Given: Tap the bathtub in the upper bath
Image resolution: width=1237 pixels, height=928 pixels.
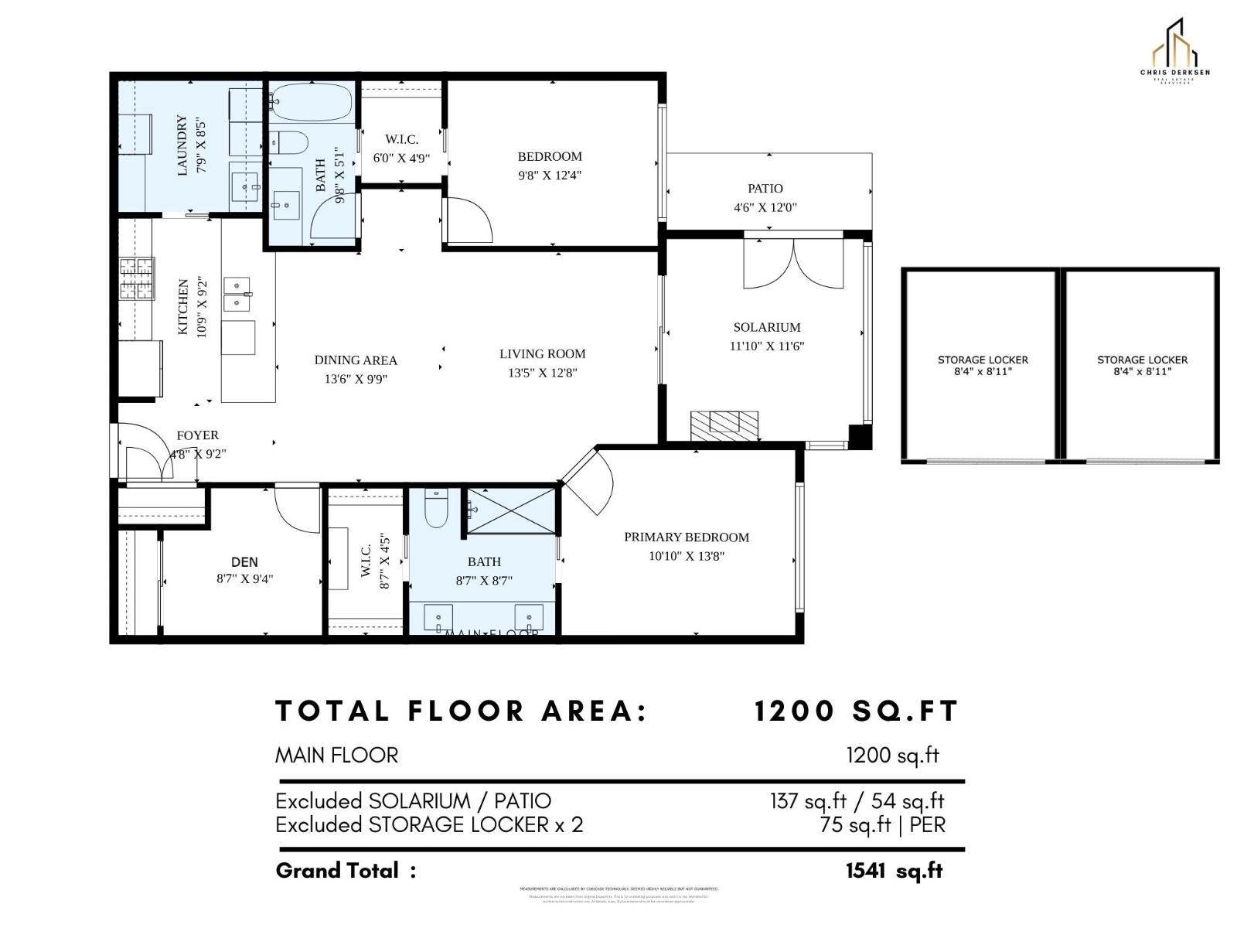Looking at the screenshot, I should point(312,103).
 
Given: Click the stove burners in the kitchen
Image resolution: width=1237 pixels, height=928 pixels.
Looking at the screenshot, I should point(137,278).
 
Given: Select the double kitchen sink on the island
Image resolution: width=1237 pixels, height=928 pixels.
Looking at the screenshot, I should point(238,294).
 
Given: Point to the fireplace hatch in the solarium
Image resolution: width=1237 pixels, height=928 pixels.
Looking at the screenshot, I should point(724,425).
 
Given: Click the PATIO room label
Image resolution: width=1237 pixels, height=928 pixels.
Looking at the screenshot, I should point(765,189).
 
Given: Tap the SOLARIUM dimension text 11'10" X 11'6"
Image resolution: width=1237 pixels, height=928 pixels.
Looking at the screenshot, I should point(766,346).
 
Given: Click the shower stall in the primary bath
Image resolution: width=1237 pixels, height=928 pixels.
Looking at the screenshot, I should point(512,510).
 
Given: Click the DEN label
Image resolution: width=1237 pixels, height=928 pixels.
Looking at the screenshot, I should point(244,562).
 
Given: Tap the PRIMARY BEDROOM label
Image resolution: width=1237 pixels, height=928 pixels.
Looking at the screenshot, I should point(687,537).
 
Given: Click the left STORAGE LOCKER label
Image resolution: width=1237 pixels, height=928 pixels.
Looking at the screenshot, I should point(983,360).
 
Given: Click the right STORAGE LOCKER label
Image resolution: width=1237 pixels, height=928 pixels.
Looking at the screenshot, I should point(1142,360).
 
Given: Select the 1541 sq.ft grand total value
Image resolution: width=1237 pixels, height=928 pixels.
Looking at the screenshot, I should point(894,871).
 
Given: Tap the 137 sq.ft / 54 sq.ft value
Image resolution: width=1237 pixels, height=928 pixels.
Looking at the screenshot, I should point(857,801).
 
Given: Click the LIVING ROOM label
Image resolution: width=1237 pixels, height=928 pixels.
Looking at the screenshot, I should point(542,354).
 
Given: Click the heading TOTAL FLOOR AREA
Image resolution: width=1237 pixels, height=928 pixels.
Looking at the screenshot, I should point(462,711).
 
